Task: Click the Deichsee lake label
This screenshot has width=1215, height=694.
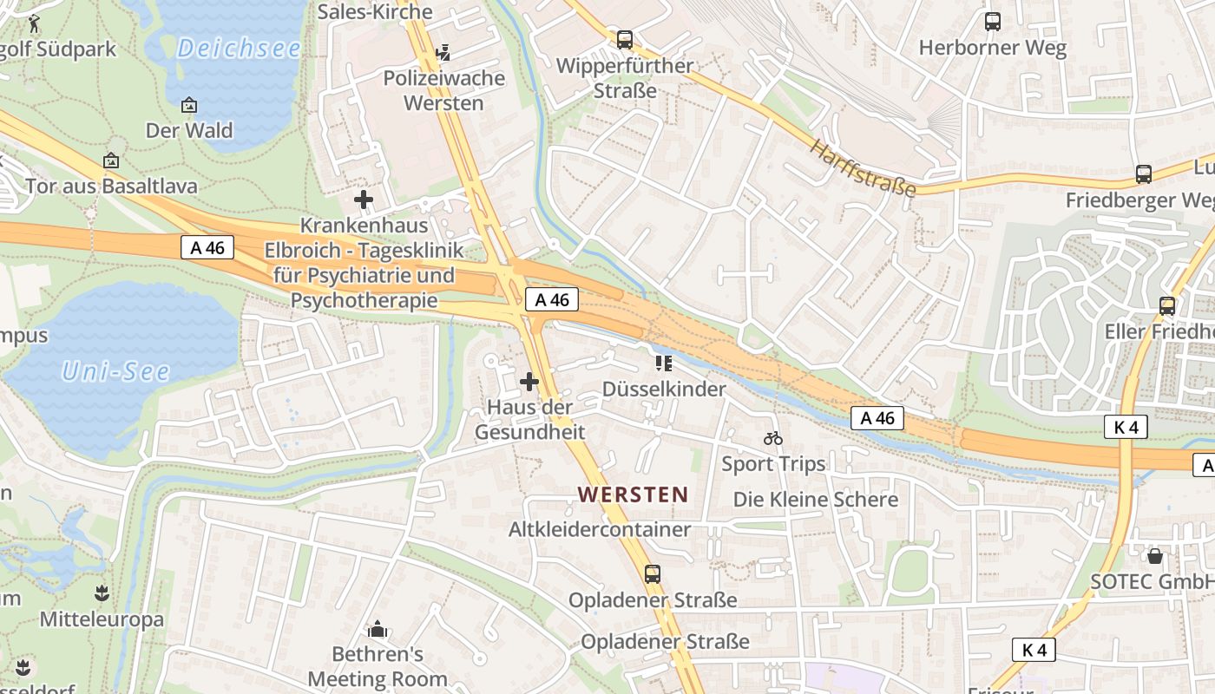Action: coord(239,49)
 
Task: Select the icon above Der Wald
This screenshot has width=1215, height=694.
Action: coord(189,105)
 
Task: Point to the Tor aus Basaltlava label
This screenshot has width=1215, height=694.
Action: coord(111,186)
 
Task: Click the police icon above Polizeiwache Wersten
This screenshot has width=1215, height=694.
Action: coord(443,53)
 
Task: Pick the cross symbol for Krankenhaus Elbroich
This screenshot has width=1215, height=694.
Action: coord(364,200)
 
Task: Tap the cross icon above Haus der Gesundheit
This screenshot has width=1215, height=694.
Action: coord(529,381)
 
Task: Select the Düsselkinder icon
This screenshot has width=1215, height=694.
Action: coord(664,363)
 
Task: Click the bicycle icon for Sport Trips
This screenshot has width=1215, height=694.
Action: coord(773,438)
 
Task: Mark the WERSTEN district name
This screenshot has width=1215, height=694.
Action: coord(633,494)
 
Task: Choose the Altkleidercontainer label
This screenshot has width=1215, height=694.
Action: coord(600,529)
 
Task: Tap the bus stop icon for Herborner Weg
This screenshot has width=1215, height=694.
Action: coord(993,22)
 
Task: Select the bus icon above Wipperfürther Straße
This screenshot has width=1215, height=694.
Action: coord(625,39)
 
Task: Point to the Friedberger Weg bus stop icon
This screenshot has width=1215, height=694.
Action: coord(1144,174)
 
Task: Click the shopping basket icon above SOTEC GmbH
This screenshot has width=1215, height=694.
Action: coord(1154,555)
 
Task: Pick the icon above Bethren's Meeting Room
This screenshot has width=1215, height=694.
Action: coord(378,628)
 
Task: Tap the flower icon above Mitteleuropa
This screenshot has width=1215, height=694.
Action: coord(102,593)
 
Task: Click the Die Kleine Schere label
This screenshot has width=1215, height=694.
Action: coord(815,500)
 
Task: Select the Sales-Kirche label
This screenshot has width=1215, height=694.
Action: coord(375,11)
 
